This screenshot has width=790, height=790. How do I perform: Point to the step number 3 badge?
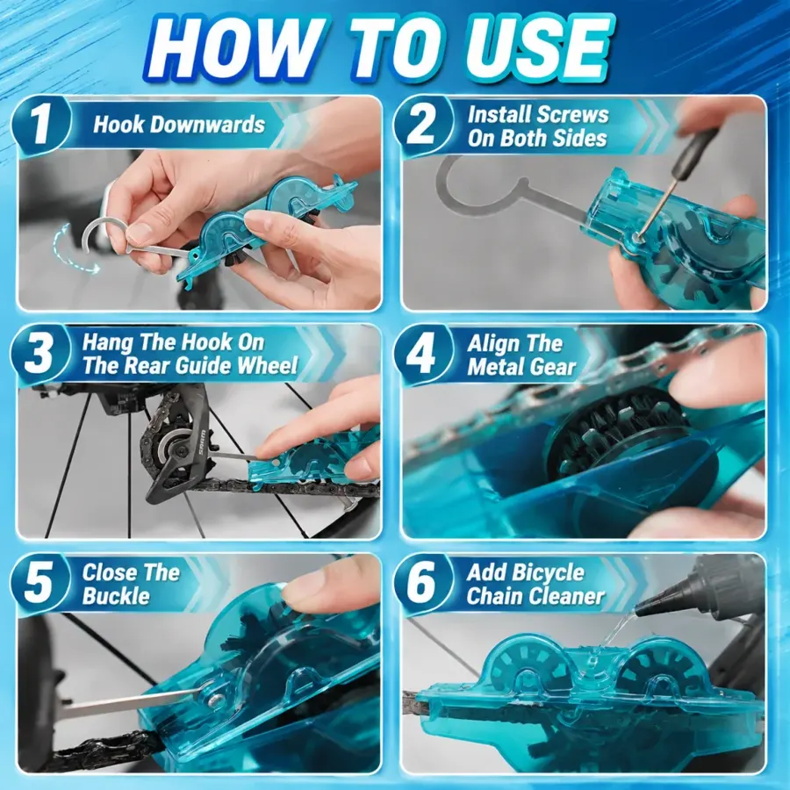click(x=39, y=354)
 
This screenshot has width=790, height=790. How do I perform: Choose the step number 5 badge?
click(x=39, y=583)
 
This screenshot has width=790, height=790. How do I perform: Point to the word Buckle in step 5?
click(x=116, y=596)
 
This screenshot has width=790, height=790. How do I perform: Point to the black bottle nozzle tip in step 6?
click(x=638, y=612)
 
